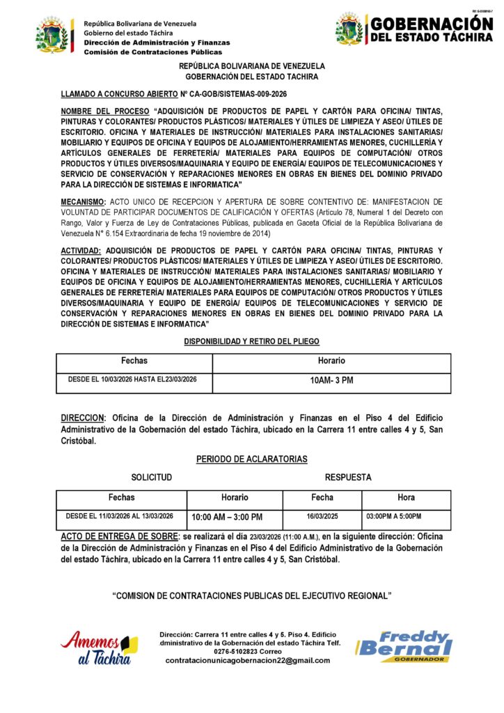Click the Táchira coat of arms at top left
(54, 36)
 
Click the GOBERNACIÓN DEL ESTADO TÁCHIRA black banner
(431, 29)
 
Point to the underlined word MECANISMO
(82, 201)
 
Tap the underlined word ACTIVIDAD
(81, 250)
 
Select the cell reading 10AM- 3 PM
(331, 381)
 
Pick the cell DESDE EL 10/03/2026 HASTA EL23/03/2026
(132, 379)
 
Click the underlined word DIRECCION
(82, 418)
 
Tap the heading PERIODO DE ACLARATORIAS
(252, 459)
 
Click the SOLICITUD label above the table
(151, 478)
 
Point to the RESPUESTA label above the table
(348, 478)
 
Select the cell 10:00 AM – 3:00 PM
(227, 517)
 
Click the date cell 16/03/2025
(322, 516)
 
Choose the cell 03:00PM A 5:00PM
(393, 516)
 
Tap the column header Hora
(406, 497)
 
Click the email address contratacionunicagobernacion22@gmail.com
(248, 660)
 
